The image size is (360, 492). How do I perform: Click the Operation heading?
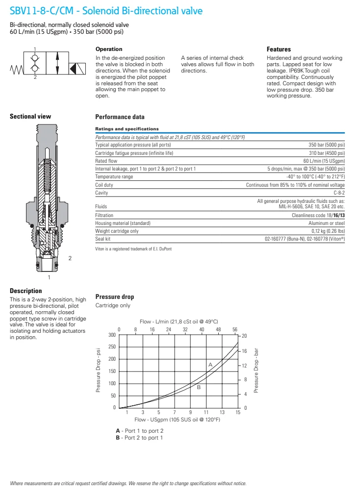(108, 49)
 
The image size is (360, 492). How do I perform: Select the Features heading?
(279, 49)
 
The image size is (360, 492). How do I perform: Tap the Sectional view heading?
(30, 117)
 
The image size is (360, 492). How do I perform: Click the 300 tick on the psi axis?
(112, 335)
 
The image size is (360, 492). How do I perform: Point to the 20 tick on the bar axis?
(244, 336)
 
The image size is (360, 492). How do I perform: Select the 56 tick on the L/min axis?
(235, 329)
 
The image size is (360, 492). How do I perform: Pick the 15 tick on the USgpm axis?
(238, 413)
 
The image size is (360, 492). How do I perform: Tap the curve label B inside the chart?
(199, 387)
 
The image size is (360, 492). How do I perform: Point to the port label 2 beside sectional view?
(70, 258)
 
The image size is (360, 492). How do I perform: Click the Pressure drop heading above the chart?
(114, 297)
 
